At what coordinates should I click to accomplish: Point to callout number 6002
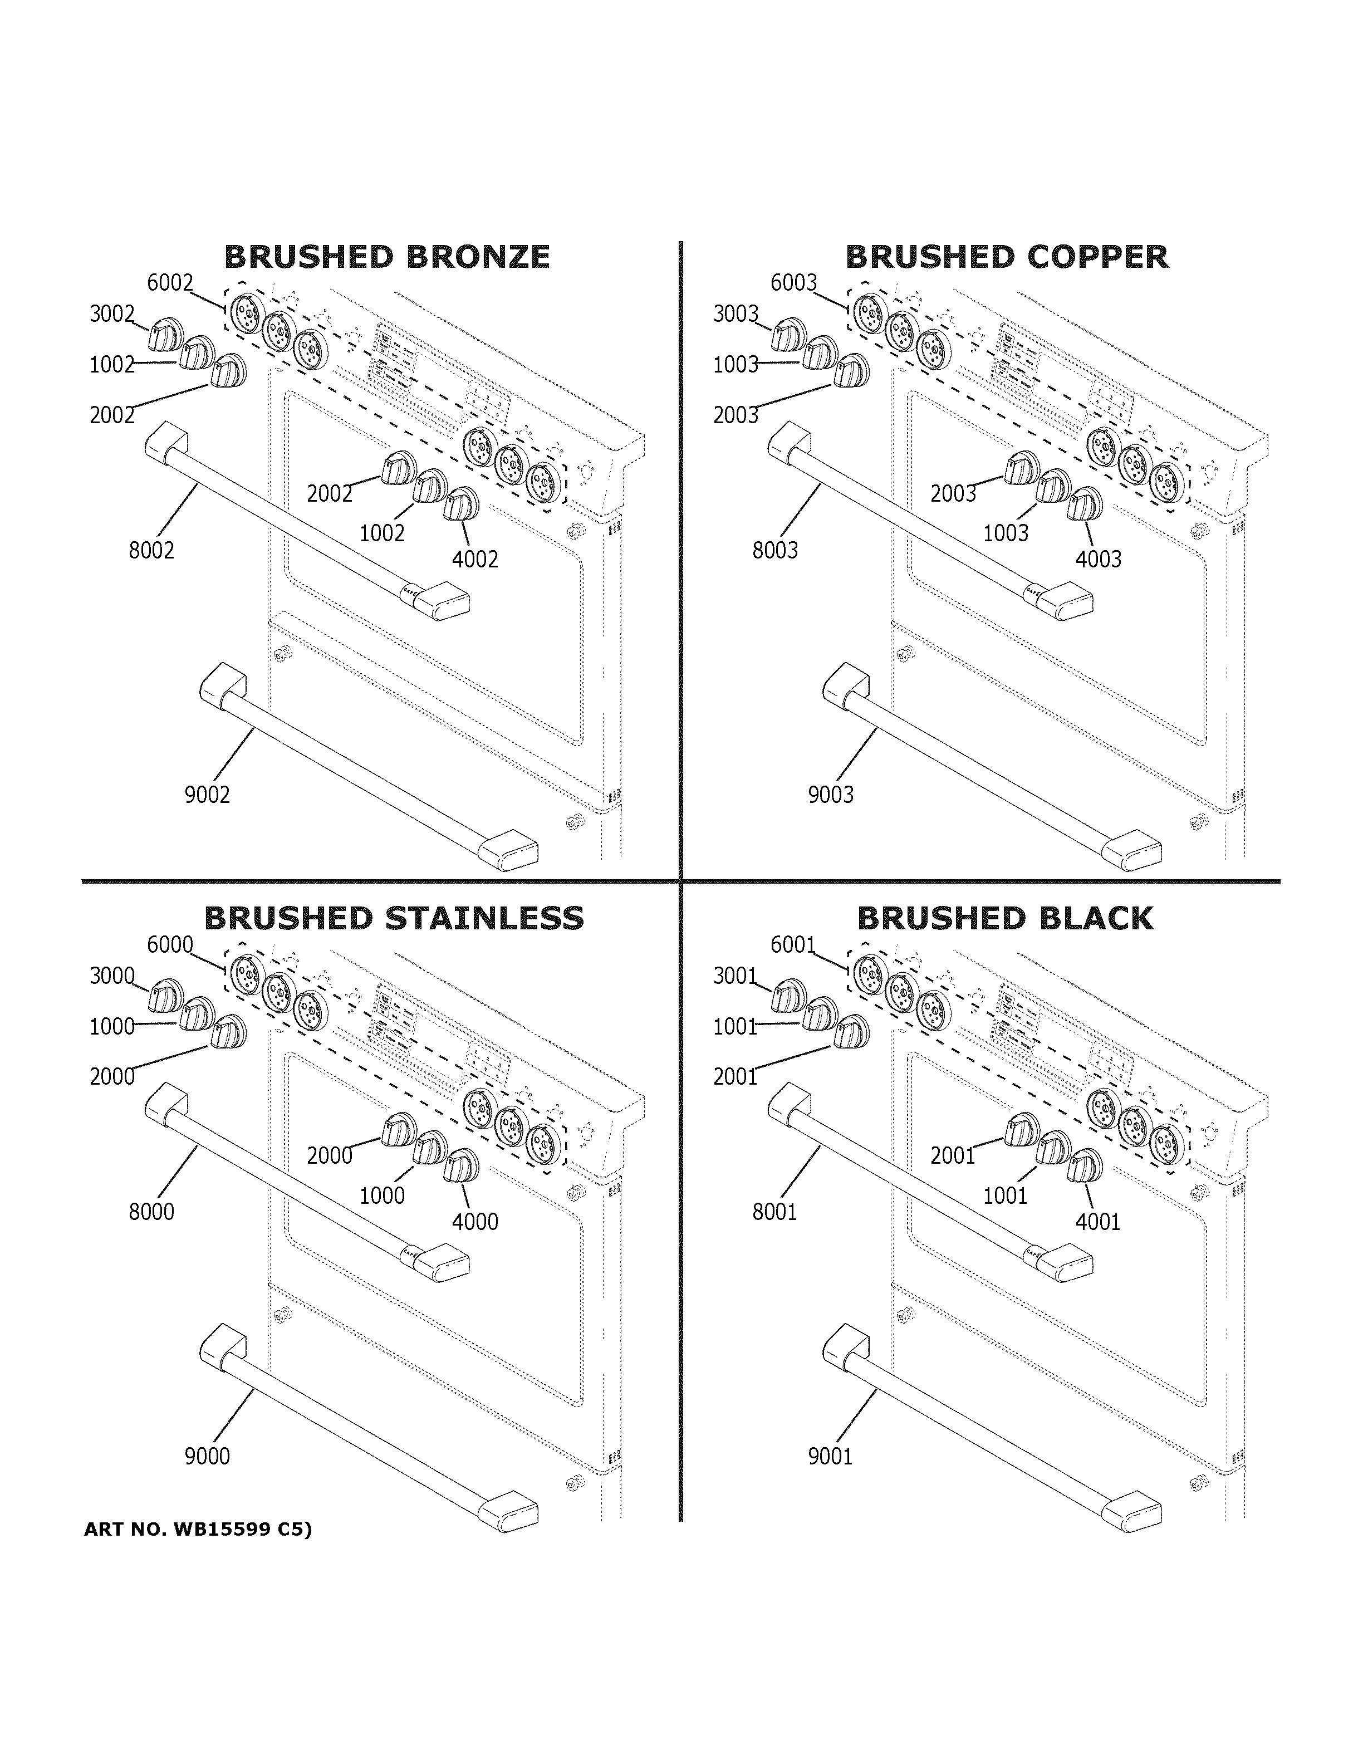point(170,283)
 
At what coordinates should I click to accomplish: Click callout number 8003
point(775,550)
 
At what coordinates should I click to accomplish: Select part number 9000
point(208,1456)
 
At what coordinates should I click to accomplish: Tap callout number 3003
point(736,313)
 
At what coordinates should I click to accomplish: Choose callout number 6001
point(793,944)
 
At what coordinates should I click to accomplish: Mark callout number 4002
point(475,559)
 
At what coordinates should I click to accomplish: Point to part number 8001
point(775,1212)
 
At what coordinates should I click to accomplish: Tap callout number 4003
point(1098,559)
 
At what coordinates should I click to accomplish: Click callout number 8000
point(152,1212)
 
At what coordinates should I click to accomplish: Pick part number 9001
point(831,1456)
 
